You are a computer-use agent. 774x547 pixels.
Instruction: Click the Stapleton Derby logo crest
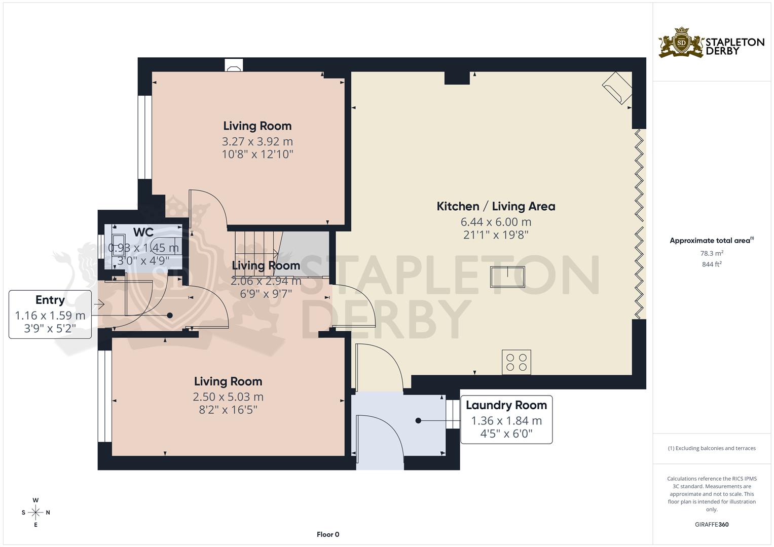tap(681, 43)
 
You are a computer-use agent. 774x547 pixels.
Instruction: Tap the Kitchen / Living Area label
tap(496, 206)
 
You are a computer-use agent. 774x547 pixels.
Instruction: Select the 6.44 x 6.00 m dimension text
tap(496, 222)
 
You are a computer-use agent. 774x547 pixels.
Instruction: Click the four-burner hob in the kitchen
tap(517, 362)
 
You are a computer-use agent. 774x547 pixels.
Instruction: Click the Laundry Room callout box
tap(506, 420)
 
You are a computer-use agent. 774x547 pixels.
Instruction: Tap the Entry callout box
tap(50, 315)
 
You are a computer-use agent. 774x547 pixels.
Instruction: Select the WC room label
tap(143, 232)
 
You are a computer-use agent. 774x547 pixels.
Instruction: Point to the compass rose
tap(35, 512)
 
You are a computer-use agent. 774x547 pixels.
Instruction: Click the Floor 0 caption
tap(328, 534)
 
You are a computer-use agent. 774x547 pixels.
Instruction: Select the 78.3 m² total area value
tap(712, 253)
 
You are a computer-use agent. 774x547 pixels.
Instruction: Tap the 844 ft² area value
tap(712, 264)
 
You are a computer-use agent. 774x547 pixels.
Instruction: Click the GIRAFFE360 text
tap(712, 524)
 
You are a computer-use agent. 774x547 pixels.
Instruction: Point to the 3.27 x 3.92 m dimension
tap(257, 141)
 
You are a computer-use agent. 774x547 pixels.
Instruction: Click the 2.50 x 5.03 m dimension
tap(228, 397)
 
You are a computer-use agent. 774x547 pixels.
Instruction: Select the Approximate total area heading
tap(711, 241)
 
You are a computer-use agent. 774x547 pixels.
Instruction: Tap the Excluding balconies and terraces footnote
tap(712, 448)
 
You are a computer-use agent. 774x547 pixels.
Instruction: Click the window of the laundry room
tap(450, 414)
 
